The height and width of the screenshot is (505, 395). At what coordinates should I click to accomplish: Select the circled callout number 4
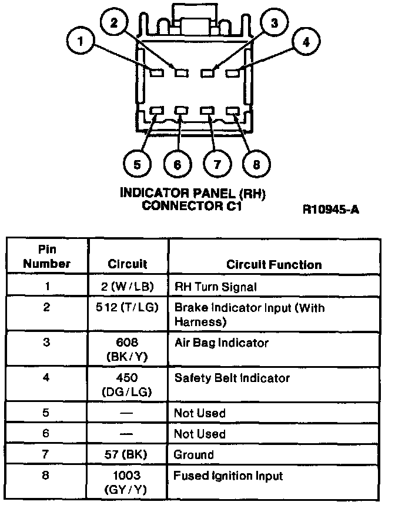(x=305, y=42)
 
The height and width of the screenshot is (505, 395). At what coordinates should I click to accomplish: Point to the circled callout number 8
(x=256, y=163)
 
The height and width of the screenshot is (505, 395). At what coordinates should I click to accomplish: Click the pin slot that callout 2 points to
(x=181, y=73)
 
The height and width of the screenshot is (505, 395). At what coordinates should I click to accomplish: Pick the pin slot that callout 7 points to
(x=207, y=111)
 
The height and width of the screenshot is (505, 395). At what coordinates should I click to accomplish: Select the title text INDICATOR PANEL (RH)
(x=192, y=193)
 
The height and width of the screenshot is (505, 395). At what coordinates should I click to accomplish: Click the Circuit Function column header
(x=274, y=264)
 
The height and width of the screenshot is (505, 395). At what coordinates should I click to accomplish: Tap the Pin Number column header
(x=46, y=257)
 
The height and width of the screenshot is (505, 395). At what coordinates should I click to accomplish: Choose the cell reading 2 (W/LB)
(x=128, y=287)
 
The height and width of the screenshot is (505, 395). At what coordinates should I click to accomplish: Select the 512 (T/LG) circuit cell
(x=128, y=307)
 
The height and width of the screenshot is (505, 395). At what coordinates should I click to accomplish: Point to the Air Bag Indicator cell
(x=221, y=343)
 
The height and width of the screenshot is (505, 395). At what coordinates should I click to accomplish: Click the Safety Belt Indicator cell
(x=232, y=378)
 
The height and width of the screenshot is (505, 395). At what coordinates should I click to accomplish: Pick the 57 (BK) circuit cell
(x=128, y=454)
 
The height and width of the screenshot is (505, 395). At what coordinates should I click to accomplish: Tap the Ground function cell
(x=193, y=454)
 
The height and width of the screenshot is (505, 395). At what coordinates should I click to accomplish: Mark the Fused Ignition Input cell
(x=229, y=476)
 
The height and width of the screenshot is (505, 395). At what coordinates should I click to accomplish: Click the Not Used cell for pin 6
(x=199, y=434)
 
